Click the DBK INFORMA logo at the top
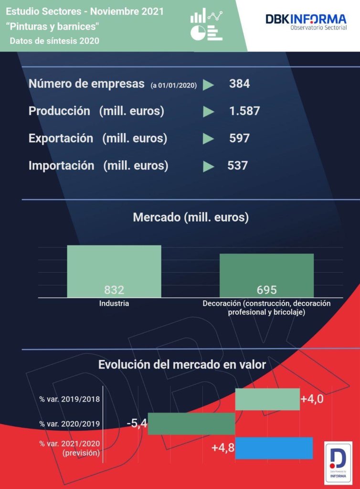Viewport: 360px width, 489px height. (306, 22)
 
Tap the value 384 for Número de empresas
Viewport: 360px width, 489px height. (239, 84)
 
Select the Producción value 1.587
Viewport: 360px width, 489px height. (244, 111)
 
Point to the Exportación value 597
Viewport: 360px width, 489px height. (239, 138)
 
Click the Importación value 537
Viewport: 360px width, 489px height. (238, 166)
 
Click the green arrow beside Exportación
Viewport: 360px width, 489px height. (208, 139)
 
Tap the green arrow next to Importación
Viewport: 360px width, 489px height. (208, 166)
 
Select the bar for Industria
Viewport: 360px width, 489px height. (114, 271)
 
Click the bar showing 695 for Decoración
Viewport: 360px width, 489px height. (266, 275)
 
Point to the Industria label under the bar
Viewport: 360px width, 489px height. (114, 303)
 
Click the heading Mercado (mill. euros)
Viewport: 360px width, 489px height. (191, 218)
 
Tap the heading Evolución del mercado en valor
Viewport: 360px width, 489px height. (182, 365)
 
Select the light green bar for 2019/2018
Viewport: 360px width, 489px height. (267, 399)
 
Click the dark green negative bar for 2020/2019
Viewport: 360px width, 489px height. (191, 424)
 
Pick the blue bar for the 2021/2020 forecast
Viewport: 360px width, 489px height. (274, 448)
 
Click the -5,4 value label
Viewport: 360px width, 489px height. (137, 423)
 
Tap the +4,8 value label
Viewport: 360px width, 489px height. (223, 448)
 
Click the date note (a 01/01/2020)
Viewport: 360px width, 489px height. (173, 85)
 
